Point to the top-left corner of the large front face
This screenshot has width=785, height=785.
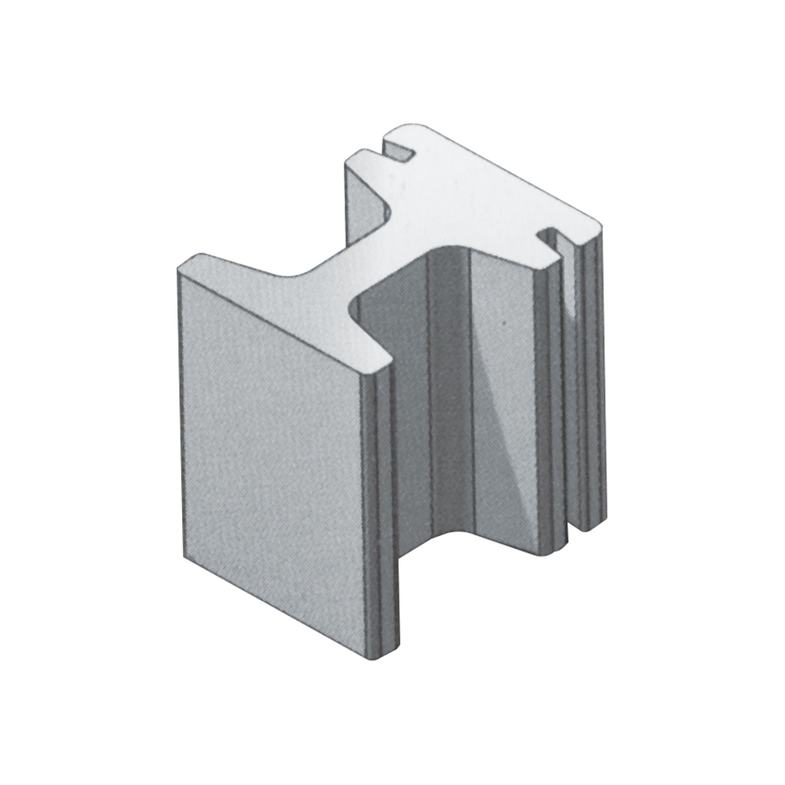coord(181,268)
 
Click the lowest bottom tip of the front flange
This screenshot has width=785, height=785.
coord(382,658)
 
